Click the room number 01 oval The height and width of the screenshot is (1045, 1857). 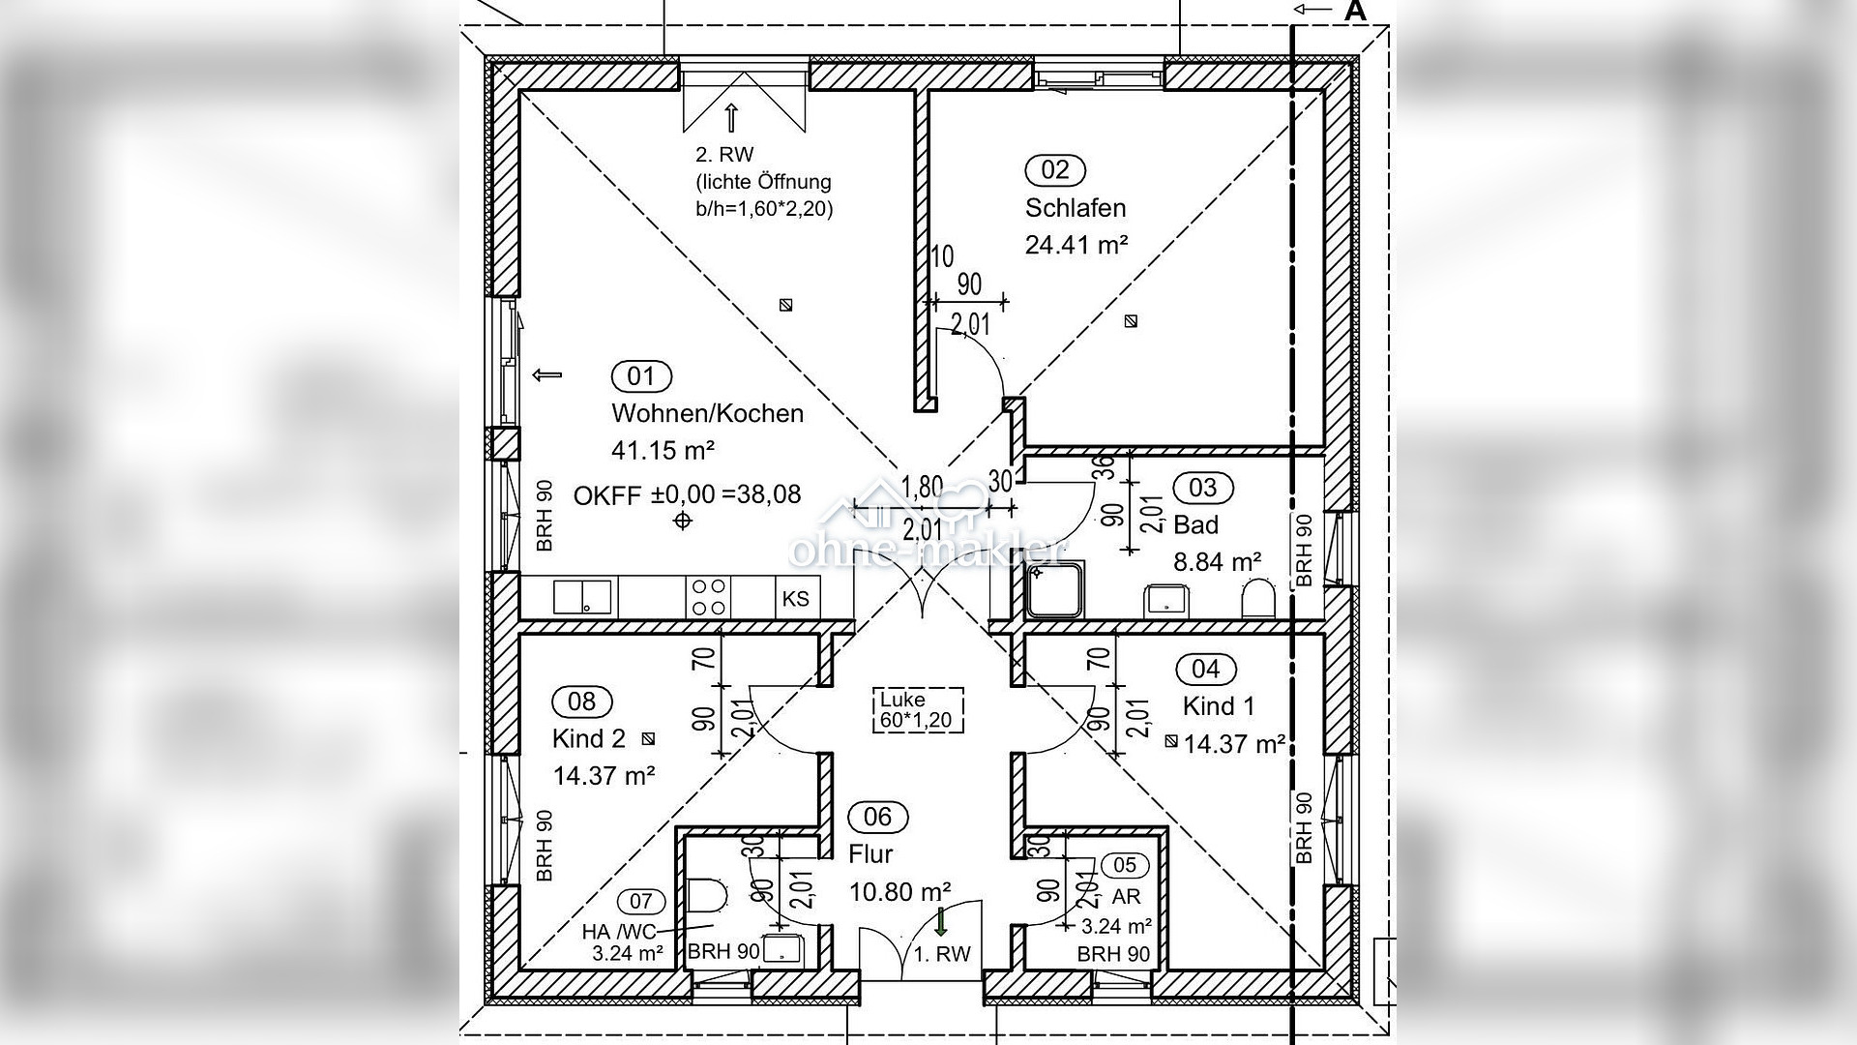click(641, 375)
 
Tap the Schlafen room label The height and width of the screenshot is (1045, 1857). click(1076, 208)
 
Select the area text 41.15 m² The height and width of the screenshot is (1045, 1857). click(663, 450)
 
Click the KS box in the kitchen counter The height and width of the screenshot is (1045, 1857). click(796, 598)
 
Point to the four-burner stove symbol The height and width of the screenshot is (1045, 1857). click(708, 597)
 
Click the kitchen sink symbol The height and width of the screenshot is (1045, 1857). click(582, 597)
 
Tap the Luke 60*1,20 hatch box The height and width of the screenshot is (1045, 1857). click(920, 709)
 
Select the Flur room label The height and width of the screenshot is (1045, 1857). click(870, 854)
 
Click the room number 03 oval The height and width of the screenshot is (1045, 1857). click(1202, 488)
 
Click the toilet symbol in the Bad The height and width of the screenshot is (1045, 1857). click(1258, 599)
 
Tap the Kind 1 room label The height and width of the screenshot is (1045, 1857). click(1219, 706)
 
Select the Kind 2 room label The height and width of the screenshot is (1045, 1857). click(589, 739)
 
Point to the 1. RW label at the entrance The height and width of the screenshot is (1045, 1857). click(942, 954)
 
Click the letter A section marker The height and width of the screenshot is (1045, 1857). click(1356, 11)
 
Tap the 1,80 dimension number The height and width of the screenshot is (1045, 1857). click(922, 487)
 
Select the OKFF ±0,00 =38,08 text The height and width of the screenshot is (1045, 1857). click(688, 494)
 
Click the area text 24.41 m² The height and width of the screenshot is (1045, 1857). click(1076, 245)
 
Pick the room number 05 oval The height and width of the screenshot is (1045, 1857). click(1125, 865)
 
